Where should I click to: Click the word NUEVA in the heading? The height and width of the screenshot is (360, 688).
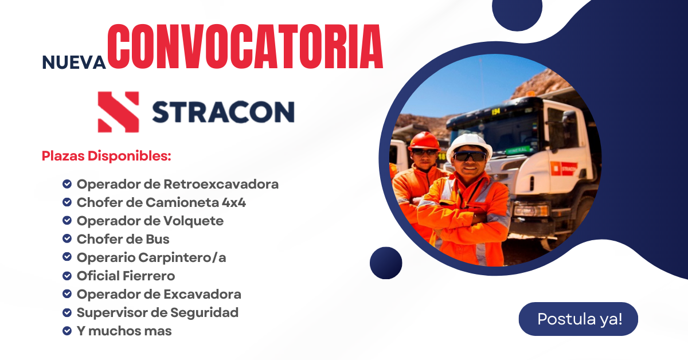[x=74, y=62]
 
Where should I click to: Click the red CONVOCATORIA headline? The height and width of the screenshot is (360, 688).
[x=245, y=46]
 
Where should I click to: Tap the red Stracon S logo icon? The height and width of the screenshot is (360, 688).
[x=118, y=112]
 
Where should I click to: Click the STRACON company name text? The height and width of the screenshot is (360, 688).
[x=223, y=112]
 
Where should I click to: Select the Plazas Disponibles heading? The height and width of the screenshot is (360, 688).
[x=106, y=156]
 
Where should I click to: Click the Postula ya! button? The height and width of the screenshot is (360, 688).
[x=578, y=319]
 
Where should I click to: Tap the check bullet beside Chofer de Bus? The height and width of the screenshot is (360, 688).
[x=67, y=238]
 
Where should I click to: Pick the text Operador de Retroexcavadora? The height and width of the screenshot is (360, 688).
[x=178, y=185]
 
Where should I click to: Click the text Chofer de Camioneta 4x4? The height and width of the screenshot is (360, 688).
[x=161, y=202]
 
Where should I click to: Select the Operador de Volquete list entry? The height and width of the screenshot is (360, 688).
[x=150, y=221]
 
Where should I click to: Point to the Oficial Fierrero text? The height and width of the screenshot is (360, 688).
[x=126, y=276]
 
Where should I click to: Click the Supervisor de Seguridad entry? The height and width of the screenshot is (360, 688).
[x=158, y=312]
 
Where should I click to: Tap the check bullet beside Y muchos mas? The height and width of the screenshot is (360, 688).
[x=67, y=331]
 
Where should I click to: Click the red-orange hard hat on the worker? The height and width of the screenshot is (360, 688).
[x=424, y=141]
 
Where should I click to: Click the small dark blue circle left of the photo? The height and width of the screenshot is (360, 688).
[x=386, y=263]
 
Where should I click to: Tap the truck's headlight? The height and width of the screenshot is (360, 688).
[x=531, y=210]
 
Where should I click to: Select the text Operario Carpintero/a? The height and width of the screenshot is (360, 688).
[x=151, y=257]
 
